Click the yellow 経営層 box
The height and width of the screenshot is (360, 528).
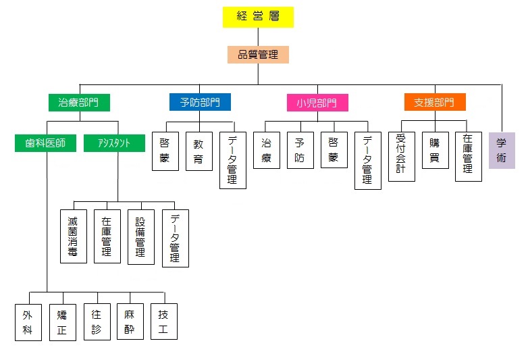coord(258,17)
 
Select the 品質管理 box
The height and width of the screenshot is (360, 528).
coord(258,55)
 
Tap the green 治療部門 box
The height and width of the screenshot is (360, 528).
coord(80,103)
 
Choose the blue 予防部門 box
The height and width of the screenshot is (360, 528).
coord(200,103)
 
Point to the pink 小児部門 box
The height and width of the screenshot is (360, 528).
coord(317,103)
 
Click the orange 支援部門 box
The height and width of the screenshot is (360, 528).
coord(435,103)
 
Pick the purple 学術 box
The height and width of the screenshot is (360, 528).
coord(501,150)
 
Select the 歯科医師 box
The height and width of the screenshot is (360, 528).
coord(46,143)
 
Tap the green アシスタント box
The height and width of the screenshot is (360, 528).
coord(114,143)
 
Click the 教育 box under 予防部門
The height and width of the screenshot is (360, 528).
coord(199,151)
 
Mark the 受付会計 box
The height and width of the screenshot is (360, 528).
coord(401,157)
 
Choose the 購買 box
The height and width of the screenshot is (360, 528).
coord(435,150)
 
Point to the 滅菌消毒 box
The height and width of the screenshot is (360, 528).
coord(73,236)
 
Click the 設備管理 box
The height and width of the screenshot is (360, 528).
coord(140,236)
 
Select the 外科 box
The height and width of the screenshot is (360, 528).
coord(28,322)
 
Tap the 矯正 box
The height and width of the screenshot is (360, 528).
coord(62,322)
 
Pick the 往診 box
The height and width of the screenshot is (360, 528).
coord(97,322)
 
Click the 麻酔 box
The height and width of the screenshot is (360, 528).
coord(130,322)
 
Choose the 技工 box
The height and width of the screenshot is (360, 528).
coord(164,322)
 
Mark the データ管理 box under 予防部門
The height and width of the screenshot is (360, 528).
coord(232,160)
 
